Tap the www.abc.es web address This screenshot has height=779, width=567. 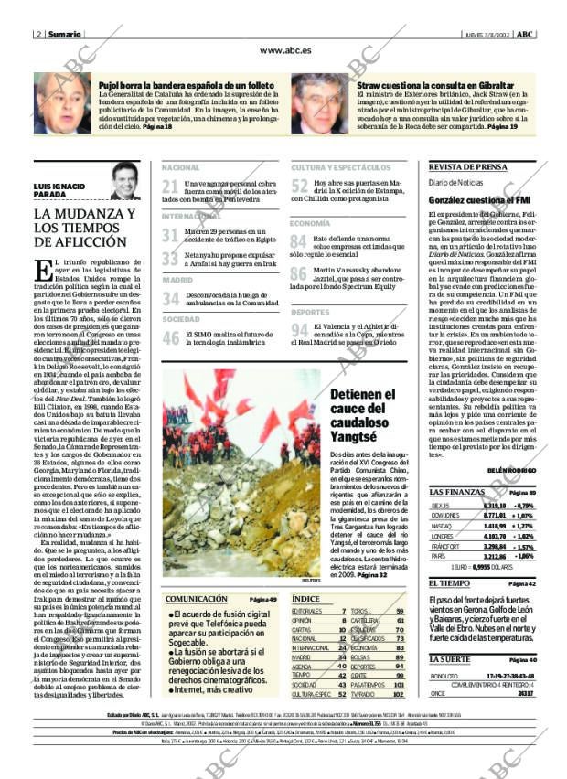[x=284, y=51]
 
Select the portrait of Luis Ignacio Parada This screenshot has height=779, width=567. [x=124, y=181]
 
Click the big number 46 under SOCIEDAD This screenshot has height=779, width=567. [x=170, y=338]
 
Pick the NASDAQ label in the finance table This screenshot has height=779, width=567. [x=441, y=526]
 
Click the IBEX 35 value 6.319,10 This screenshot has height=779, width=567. [x=494, y=504]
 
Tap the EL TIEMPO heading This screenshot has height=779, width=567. [x=448, y=582]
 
